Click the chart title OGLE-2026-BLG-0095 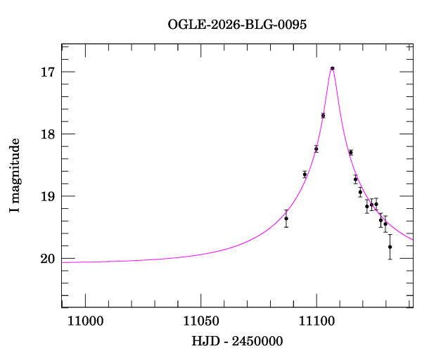click(x=237, y=24)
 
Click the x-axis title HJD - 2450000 click(x=238, y=341)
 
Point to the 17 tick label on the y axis click(x=49, y=72)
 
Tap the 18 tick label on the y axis click(x=49, y=134)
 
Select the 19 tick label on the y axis click(x=49, y=196)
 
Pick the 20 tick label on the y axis click(x=49, y=259)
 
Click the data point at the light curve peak click(x=332, y=68)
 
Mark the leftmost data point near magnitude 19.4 click(x=286, y=219)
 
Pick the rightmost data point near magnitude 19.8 click(x=390, y=247)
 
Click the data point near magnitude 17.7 click(x=323, y=115)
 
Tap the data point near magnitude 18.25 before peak click(x=316, y=148)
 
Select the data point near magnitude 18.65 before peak click(x=305, y=174)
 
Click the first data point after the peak click(x=351, y=153)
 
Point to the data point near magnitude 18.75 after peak click(x=356, y=179)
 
